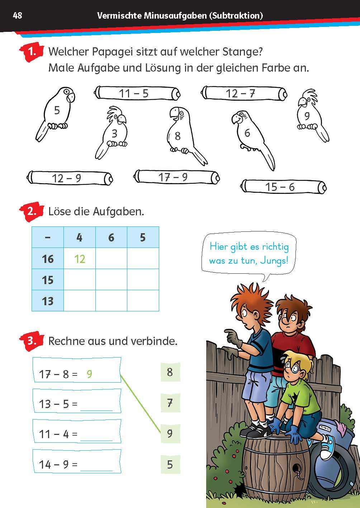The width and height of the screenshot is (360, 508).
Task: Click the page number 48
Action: click(17, 15)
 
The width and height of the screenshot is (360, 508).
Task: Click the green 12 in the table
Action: click(80, 259)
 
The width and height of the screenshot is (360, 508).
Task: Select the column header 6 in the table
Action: click(111, 237)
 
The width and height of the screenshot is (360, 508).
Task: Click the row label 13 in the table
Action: click(48, 301)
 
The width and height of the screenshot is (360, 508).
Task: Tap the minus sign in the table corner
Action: click(48, 237)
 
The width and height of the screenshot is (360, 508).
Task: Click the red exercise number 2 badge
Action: click(32, 211)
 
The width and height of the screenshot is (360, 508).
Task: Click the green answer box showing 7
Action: click(170, 403)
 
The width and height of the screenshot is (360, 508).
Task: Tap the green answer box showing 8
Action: click(170, 372)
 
